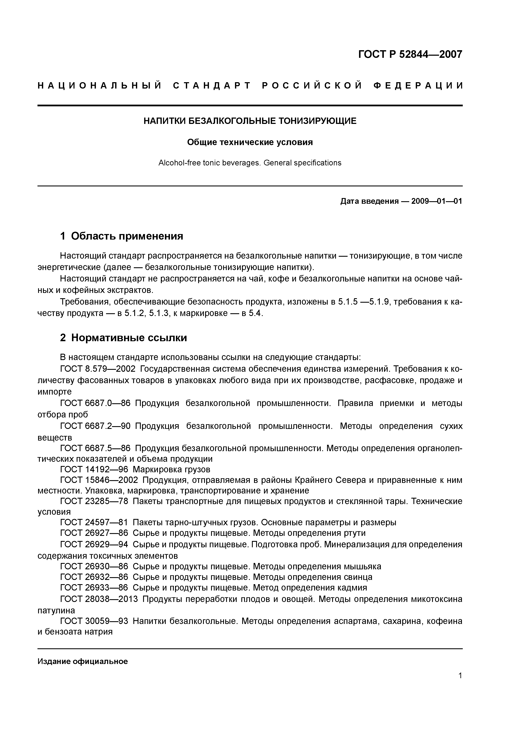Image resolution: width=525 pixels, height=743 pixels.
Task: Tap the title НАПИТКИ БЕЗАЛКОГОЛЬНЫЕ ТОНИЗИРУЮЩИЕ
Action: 250,121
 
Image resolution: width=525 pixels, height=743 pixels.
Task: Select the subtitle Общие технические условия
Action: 250,142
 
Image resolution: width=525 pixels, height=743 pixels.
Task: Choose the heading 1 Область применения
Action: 122,236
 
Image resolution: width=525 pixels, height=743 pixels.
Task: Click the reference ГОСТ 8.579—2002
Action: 98,369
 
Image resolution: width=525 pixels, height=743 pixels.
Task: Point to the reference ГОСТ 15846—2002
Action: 99,480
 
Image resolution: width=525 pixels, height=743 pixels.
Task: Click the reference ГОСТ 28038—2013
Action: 99,599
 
